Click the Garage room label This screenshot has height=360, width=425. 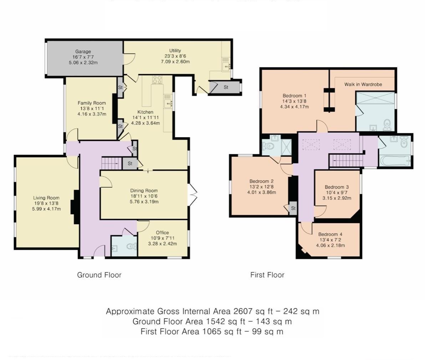point(83,51)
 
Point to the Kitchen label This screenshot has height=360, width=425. point(145,112)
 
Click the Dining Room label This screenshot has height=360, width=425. point(144,190)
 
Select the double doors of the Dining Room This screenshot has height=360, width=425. point(192,195)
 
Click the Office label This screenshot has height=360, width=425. point(162,232)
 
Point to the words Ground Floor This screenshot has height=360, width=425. point(99,275)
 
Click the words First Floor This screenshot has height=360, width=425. point(267,275)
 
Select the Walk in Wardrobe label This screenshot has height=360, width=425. point(363,84)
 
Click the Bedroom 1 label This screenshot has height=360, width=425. point(294,96)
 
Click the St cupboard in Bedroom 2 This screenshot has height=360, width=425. point(293,208)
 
